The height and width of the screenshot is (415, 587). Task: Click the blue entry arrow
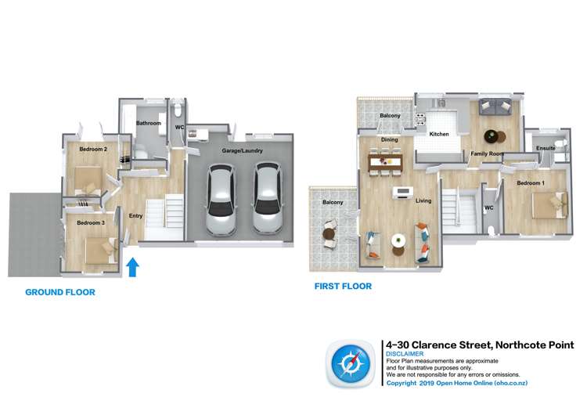(x=132, y=269)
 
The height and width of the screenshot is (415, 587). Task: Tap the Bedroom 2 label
(x=93, y=149)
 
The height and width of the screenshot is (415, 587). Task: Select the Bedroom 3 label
(x=90, y=223)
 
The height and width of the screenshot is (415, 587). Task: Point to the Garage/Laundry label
(x=241, y=150)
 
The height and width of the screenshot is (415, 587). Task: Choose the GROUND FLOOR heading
(x=60, y=292)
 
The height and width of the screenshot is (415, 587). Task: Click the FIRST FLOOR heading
(x=343, y=287)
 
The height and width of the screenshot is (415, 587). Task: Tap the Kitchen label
(x=439, y=135)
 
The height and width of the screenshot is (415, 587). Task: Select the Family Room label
(x=487, y=154)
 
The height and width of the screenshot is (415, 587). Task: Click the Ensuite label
(x=546, y=148)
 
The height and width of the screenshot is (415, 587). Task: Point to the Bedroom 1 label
(x=530, y=183)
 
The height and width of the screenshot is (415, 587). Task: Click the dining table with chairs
(x=384, y=162)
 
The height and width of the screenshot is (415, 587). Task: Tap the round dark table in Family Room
(x=490, y=134)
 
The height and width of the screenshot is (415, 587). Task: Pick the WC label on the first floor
(x=488, y=207)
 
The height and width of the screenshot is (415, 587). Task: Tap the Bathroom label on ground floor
(x=149, y=124)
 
